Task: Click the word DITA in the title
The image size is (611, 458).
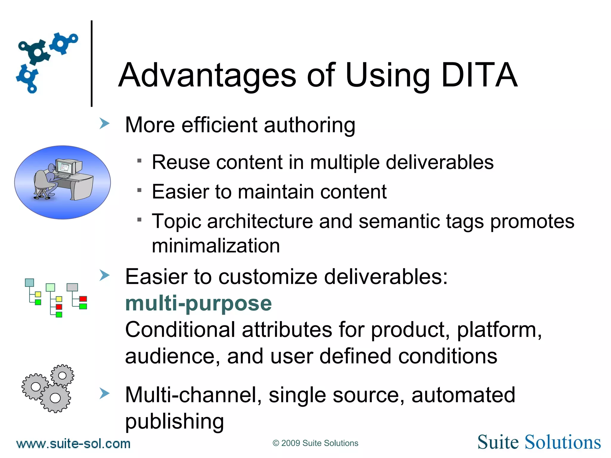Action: point(479,75)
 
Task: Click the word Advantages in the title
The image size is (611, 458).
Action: point(207,75)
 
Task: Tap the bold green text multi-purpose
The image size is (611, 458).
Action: point(198,304)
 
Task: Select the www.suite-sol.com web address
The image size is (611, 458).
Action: point(73,444)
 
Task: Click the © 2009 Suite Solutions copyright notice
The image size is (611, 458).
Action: point(315,443)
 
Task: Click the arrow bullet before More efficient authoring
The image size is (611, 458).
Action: point(104,123)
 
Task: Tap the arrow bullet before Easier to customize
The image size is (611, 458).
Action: point(104,275)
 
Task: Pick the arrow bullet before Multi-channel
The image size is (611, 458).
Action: point(104,393)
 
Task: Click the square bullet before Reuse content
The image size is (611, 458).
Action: point(139,161)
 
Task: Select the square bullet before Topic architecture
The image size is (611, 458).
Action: point(139,220)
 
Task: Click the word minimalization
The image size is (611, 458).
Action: point(216,246)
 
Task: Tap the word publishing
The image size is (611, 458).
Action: point(175,421)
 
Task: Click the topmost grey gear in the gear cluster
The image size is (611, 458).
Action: point(62,375)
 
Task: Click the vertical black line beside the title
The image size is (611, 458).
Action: point(92,63)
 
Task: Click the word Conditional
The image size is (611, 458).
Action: point(180,330)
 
